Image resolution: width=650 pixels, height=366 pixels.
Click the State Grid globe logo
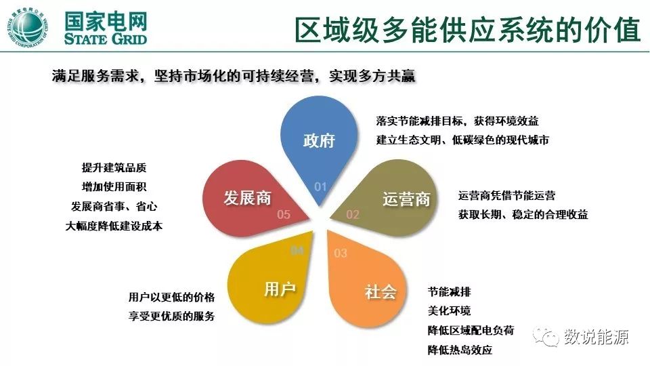coord(29,29)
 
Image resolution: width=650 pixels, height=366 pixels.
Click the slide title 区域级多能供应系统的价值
coord(467,29)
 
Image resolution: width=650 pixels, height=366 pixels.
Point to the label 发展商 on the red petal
coord(247,197)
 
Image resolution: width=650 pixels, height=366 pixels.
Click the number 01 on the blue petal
coord(320,186)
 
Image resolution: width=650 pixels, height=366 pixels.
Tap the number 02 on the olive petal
coord(353,214)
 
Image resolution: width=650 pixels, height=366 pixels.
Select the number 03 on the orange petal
coord(341,253)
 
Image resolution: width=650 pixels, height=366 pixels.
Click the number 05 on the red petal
coord(284,214)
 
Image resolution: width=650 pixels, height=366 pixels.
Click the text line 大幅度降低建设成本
coord(114,226)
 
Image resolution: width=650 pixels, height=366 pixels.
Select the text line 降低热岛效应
coord(460,350)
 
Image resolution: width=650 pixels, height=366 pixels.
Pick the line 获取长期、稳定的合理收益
coord(523,215)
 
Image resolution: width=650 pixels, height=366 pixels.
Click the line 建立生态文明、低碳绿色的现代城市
coord(462,140)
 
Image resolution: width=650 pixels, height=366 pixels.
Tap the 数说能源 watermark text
coord(597,337)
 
